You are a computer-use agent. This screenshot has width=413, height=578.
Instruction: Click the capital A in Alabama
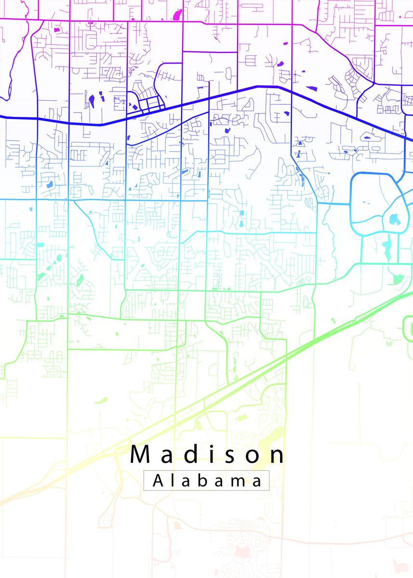pos(158,481)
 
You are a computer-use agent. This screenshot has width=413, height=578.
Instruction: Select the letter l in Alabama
pos(172,480)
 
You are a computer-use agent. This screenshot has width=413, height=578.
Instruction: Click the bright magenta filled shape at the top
pos(177,14)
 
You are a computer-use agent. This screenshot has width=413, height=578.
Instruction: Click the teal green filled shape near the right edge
pos(398,279)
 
